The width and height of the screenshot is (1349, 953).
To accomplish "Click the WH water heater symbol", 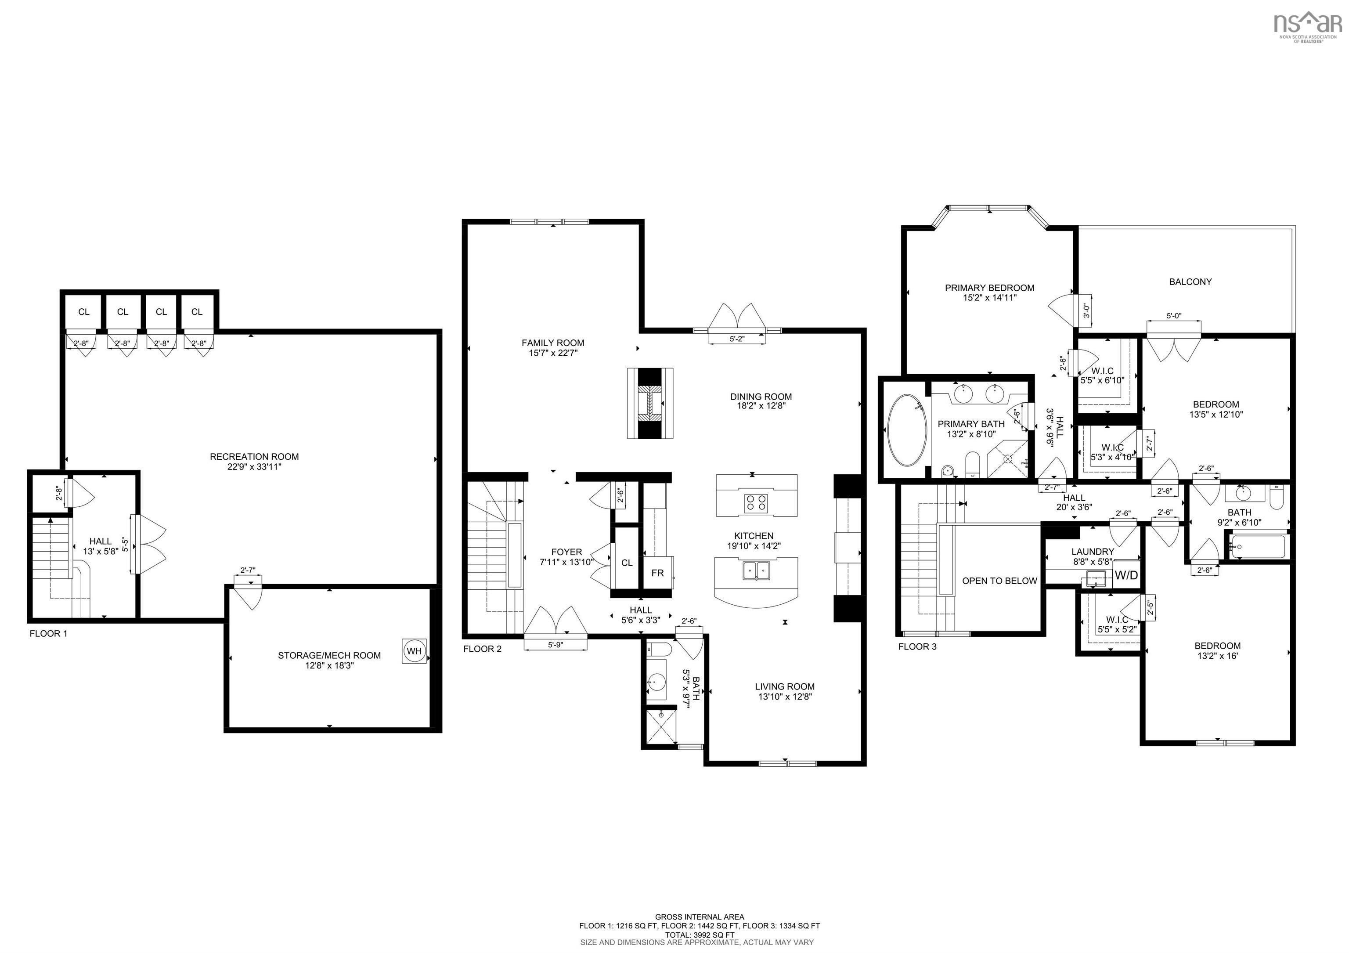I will tap(414, 651).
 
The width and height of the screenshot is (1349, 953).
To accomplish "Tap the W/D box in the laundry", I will tap(1126, 575).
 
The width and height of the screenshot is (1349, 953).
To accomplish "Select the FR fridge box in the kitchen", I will tap(657, 573).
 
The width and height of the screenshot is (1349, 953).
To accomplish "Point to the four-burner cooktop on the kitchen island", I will tap(756, 503).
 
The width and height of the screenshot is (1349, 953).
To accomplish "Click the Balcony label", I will tap(1190, 282).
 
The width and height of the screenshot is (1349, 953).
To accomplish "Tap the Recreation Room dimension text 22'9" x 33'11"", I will tap(254, 467).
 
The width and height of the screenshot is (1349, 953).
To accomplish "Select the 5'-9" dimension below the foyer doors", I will tap(555, 645).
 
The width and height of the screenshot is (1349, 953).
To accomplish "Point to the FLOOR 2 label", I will tap(482, 649).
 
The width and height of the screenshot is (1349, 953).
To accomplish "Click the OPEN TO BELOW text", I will tap(999, 581).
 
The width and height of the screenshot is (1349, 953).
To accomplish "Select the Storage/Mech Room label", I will tap(329, 655).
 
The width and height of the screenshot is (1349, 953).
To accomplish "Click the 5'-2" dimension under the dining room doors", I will tap(737, 339).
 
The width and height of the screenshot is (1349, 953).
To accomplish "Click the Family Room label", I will tap(553, 343).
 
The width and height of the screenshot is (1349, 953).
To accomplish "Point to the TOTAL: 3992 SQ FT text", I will tap(699, 934).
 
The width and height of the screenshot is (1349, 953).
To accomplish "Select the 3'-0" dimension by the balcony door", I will tap(1086, 309).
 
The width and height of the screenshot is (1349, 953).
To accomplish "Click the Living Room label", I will tap(784, 686).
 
